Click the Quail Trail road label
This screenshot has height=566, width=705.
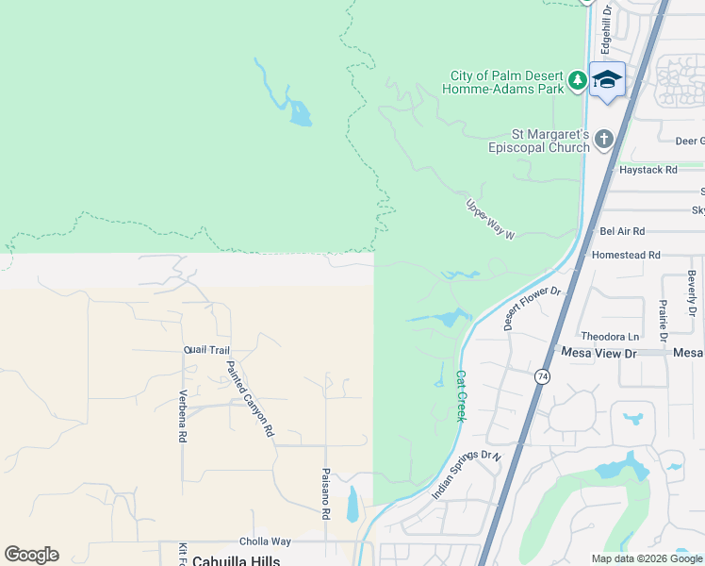(x=206, y=350)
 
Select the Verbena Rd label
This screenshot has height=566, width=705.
(x=183, y=415)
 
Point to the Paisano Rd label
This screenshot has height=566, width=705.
(x=325, y=494)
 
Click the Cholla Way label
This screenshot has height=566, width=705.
(x=265, y=541)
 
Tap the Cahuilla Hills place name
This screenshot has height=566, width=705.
(x=236, y=560)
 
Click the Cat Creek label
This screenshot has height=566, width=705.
(x=461, y=394)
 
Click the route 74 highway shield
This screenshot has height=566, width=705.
(x=542, y=376)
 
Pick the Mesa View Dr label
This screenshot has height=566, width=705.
(x=599, y=352)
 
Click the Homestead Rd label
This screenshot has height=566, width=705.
(x=626, y=255)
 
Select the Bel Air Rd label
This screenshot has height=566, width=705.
(x=622, y=231)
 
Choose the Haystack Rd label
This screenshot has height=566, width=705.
(x=648, y=171)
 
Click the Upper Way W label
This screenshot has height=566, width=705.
(x=490, y=219)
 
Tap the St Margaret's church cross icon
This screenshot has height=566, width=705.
(x=603, y=140)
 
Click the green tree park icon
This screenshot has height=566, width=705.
(x=578, y=82)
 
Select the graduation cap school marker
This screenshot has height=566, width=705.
(x=607, y=79)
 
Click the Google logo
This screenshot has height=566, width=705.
(x=31, y=555)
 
